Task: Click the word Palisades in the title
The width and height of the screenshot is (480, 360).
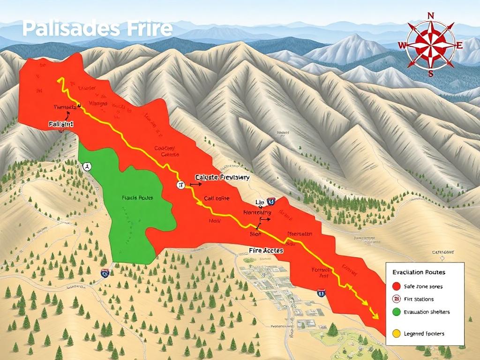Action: coord(64,29)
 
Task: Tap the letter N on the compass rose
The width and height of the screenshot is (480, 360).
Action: coord(430,15)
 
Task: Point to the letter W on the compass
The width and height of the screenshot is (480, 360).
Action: coord(402,45)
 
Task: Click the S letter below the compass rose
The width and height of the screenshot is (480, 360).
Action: coord(430,73)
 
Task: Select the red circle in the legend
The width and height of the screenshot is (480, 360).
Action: coord(396,286)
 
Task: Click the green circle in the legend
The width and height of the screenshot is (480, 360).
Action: coord(396,312)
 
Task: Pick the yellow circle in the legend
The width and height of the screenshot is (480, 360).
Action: coord(396,334)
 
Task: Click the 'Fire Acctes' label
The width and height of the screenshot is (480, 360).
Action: coord(266,251)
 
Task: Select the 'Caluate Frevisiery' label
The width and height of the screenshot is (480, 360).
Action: coord(222,178)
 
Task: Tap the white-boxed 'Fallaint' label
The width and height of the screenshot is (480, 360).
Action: coord(61,124)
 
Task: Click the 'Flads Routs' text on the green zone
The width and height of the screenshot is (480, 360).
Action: coord(137,198)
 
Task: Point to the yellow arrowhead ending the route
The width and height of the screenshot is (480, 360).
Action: coord(375,316)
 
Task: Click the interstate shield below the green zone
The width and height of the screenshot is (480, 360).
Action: coord(105,274)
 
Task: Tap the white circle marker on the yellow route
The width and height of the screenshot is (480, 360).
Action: coord(180,185)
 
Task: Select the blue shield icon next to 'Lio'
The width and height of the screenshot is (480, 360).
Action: coord(272,202)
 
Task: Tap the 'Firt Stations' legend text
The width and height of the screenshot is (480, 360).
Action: coord(418,299)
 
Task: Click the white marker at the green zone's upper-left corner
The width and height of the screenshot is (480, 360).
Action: coord(87,166)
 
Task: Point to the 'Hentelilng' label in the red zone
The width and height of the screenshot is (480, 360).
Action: coord(257,212)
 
